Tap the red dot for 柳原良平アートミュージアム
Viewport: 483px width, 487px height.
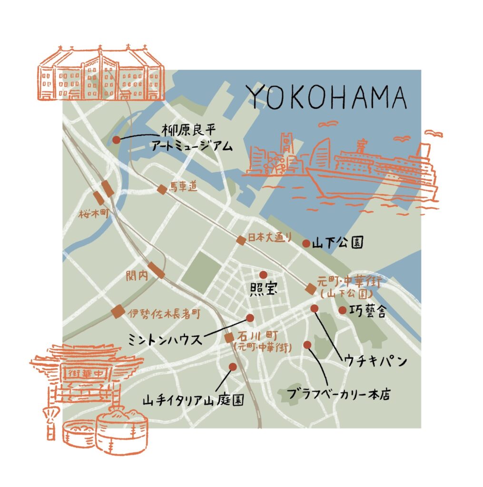tap(117, 140)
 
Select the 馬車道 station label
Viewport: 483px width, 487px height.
tap(183, 188)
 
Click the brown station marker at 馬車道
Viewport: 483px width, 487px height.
tap(162, 189)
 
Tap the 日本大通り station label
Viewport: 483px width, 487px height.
tap(270, 238)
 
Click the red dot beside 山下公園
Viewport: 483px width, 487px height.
tap(306, 243)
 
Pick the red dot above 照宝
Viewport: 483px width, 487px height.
tap(263, 274)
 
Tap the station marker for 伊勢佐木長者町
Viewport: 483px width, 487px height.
tap(118, 312)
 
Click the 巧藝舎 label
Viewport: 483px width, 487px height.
tap(369, 312)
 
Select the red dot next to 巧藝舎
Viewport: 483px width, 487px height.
tap(342, 310)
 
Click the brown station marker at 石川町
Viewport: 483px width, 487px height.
tap(229, 338)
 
